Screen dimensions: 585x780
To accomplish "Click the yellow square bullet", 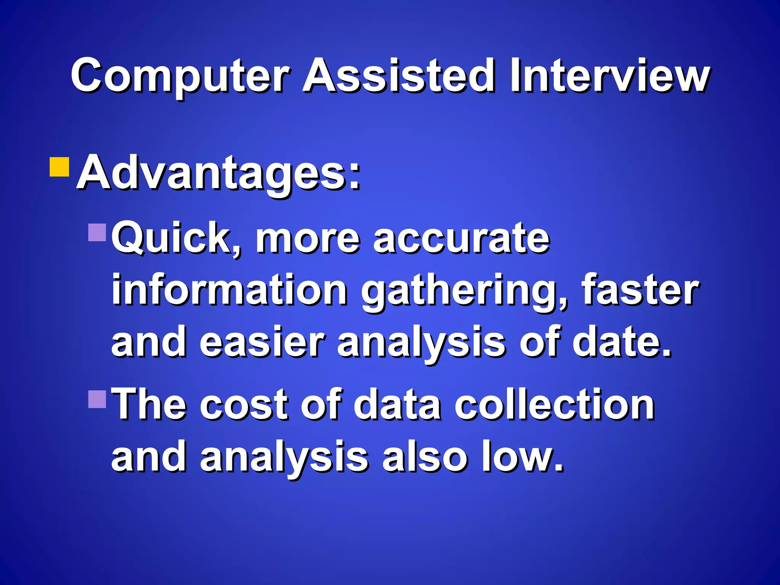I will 59,167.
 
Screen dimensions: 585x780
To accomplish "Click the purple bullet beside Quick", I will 97,232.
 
